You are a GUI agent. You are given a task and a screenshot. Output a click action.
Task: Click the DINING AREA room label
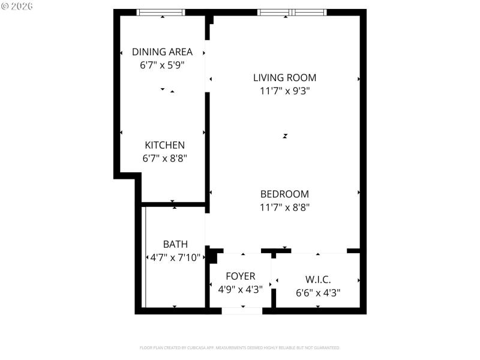[162, 52]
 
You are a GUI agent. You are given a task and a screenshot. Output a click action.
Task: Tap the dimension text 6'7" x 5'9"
[162, 65]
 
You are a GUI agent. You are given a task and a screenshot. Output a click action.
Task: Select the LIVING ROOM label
[284, 77]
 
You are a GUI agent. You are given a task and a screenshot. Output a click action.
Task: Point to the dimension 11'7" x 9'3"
[284, 91]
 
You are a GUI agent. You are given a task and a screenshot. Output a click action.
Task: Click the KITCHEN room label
[164, 145]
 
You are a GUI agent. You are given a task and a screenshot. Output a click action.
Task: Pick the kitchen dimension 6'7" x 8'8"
[164, 159]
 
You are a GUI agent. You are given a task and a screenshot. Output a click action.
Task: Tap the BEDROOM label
[284, 194]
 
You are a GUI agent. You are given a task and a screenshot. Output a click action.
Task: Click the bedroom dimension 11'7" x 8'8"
[284, 208]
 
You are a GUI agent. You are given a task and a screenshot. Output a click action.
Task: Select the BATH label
[175, 244]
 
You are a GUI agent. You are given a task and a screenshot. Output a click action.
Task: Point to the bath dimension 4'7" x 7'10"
[175, 258]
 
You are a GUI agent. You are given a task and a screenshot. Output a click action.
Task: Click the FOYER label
[240, 277]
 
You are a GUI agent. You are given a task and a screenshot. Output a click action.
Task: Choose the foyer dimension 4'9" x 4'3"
[240, 289]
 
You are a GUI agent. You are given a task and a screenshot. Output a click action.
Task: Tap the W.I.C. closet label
[318, 280]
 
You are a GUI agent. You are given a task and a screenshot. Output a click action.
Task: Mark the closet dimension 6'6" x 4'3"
[318, 293]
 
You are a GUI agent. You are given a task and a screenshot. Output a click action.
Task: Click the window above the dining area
[161, 12]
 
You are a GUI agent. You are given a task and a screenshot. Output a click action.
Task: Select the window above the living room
[292, 12]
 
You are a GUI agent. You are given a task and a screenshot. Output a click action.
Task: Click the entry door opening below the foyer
[242, 311]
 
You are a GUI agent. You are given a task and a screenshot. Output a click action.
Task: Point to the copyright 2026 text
[17, 5]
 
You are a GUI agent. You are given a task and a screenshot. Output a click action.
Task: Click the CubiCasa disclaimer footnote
[240, 347]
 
